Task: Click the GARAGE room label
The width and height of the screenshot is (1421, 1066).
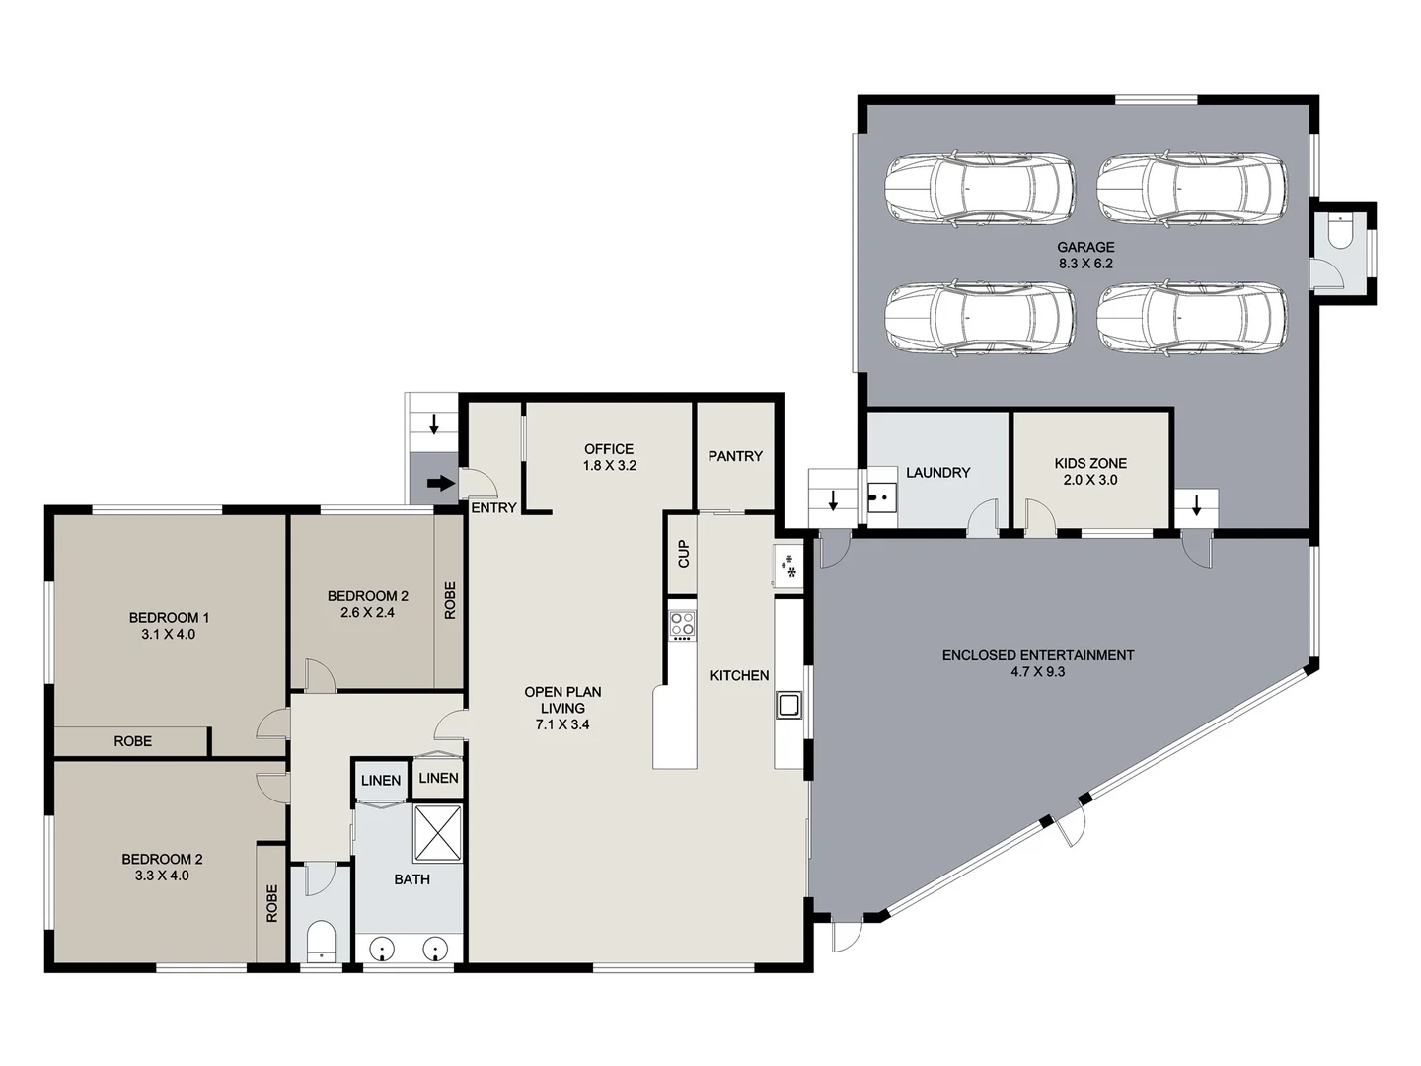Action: click(1085, 247)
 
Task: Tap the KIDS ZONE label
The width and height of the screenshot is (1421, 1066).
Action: click(1090, 463)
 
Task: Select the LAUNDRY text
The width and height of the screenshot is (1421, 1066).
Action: click(937, 473)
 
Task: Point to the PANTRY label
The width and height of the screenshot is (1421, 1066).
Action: click(735, 456)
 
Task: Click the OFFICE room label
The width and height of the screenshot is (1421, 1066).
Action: click(609, 449)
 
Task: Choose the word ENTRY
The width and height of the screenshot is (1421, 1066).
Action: click(493, 508)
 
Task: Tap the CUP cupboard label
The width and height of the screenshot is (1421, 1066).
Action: click(683, 554)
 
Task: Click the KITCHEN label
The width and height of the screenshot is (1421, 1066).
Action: click(739, 675)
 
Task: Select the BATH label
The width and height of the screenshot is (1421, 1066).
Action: click(411, 879)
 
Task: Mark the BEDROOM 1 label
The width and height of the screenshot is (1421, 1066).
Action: click(169, 618)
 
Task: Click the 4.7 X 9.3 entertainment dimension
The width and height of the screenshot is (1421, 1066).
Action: click(1037, 672)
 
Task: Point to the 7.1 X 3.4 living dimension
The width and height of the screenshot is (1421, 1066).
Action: click(562, 724)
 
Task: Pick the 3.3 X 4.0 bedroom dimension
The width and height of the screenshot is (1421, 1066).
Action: click(162, 876)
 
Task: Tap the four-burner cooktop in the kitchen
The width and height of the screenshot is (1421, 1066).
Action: click(682, 625)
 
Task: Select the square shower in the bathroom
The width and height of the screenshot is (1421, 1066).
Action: click(438, 832)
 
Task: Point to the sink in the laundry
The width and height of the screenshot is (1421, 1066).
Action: click(881, 496)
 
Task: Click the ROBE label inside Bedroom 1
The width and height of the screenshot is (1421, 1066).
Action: click(132, 741)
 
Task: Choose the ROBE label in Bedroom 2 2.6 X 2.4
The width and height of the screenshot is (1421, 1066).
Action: click(450, 600)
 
